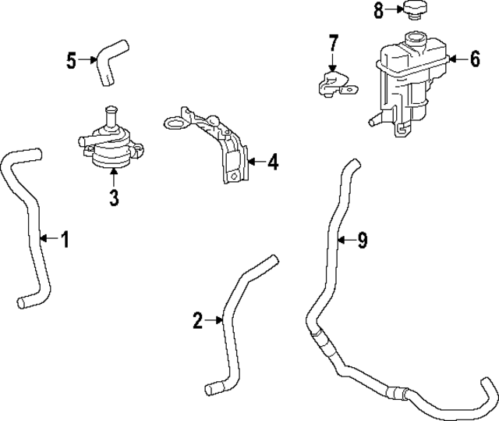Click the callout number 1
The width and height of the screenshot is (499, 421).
coord(65,240)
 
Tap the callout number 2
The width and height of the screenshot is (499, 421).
coord(197,319)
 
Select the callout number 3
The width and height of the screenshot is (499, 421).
coord(114,198)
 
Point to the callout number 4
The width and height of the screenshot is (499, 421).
coord(272,162)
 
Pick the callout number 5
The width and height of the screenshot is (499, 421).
coord(72,60)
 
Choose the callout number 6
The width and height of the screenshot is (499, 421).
coord(475,59)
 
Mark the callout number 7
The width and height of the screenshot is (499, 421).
coord(333,42)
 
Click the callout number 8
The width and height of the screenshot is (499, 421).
coord(379,10)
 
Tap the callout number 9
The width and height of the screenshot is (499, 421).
coord(362,241)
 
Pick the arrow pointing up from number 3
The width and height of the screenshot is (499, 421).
coord(114,178)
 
